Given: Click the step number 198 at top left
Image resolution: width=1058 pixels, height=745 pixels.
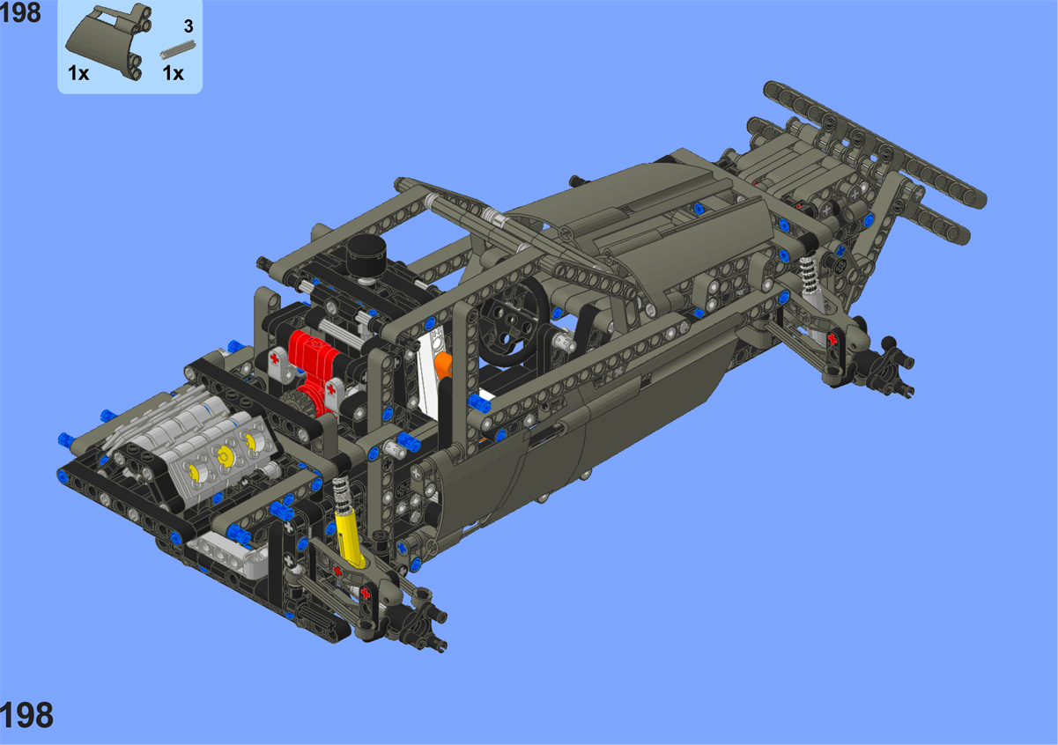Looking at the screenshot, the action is click(20, 12).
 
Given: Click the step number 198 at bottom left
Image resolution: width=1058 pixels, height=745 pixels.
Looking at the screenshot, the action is click(26, 715).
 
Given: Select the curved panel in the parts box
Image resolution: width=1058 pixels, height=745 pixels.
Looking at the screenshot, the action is click(110, 42).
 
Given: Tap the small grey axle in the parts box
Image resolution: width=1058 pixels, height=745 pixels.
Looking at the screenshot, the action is click(178, 49).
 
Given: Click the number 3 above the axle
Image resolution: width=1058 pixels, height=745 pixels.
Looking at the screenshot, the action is click(189, 26).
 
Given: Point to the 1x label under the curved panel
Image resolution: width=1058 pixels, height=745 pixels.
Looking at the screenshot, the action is click(78, 73).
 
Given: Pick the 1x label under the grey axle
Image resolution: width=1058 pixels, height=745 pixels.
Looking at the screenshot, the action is click(173, 73).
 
